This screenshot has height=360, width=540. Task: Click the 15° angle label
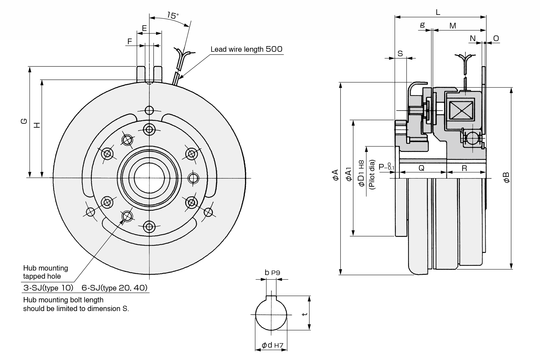click(173, 15)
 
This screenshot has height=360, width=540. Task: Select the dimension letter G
click(24, 121)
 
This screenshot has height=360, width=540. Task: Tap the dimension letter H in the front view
click(37, 125)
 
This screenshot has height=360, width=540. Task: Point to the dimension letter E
click(144, 28)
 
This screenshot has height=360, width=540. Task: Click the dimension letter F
click(129, 41)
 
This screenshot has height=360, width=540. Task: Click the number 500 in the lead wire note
click(274, 49)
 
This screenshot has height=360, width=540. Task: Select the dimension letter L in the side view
click(438, 12)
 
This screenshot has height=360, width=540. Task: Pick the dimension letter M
click(453, 26)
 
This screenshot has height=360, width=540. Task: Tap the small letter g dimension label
click(422, 25)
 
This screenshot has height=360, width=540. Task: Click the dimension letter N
click(472, 38)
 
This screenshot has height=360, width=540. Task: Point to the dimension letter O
click(496, 38)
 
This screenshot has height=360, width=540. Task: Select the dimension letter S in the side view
click(400, 53)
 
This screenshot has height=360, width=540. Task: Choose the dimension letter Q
click(421, 168)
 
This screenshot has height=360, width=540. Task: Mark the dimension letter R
click(464, 168)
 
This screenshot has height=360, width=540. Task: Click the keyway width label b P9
click(272, 272)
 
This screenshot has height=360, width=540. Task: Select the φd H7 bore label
click(273, 345)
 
